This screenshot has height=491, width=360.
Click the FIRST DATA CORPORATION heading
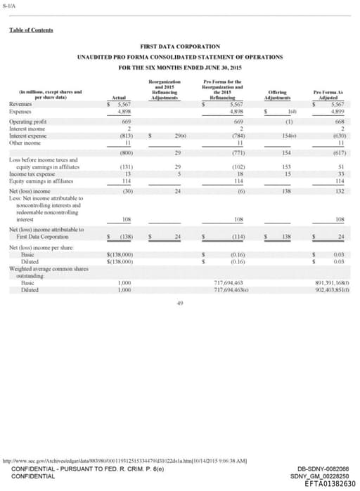pos(180,46)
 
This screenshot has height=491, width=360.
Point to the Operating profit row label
pos(25,121)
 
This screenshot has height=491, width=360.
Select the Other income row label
pos(23,142)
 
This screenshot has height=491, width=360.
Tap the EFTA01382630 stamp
pos(330,484)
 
